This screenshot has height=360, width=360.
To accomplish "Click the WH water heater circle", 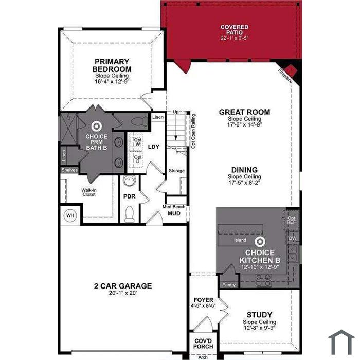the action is coord(70,215).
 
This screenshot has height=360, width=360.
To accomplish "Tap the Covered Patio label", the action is coord(235,30).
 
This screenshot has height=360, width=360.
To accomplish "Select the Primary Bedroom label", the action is coord(112,65).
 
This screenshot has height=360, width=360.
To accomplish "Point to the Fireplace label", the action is coord(285,76).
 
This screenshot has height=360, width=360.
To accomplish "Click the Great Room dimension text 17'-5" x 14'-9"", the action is coord(245,124).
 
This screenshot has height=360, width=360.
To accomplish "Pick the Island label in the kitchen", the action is coord(240,240).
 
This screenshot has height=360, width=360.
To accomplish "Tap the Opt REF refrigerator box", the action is coord(292,220).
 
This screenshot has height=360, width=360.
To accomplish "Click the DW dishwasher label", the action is coord(293,238).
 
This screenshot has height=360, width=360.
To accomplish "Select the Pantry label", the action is coord(229,285).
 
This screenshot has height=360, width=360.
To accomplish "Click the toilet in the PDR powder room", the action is coord(130,214).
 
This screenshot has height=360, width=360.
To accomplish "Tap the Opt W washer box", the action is coord(135,142).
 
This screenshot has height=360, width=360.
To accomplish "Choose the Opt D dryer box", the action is coord(135,159).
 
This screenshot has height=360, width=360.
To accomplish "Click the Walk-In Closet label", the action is coord(89,192).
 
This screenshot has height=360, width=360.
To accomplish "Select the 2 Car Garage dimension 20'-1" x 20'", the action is coord(123,293).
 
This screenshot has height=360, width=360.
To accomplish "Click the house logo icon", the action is coord(341,342).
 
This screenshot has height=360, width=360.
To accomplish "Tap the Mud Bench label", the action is coord(174,207).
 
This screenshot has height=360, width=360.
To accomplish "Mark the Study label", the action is coord(259,315).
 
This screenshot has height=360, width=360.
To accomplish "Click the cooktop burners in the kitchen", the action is coord(263,280).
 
